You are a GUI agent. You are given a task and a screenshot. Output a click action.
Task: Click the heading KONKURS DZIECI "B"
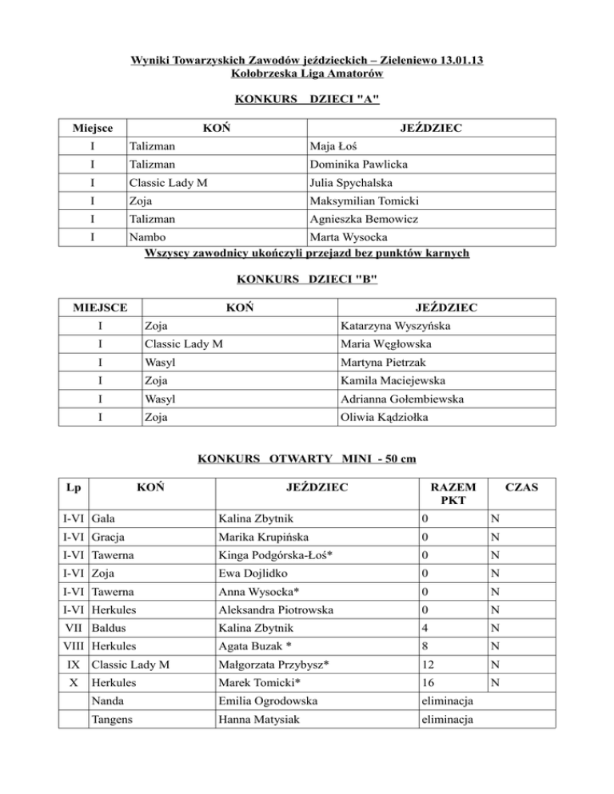pyautogui.click(x=307, y=279)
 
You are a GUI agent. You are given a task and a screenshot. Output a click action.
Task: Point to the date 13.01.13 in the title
pyautogui.click(x=460, y=60)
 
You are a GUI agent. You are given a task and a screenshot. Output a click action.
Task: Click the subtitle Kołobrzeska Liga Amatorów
pyautogui.click(x=307, y=74)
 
